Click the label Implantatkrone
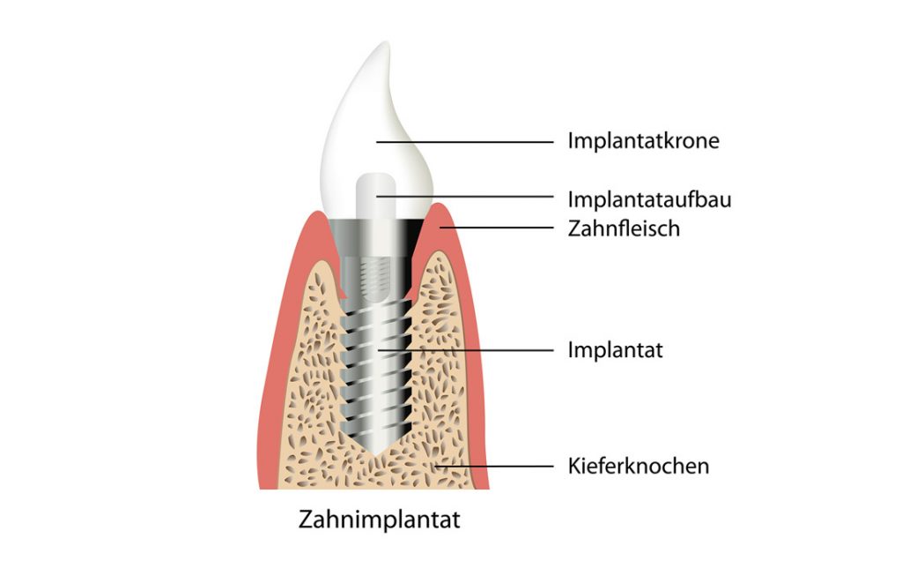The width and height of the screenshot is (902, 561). coord(643,141)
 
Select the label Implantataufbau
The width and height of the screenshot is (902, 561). coord(649,199)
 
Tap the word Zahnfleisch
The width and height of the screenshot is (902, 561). coord(624,228)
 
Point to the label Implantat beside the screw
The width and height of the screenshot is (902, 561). coord(615,350)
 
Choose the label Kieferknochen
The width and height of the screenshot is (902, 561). coord(639,466)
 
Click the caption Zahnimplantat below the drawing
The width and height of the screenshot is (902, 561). coord(379,520)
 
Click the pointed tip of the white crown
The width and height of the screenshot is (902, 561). coord(387,42)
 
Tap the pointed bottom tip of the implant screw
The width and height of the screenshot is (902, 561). coord(376,455)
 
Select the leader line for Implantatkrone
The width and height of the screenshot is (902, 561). coord(465,142)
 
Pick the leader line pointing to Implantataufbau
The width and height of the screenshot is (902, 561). coord(465,197)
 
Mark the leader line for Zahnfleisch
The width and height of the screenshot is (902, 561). coord(497,228)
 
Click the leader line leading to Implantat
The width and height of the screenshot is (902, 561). coord(465,349)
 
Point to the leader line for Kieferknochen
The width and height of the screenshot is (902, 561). coord(494,466)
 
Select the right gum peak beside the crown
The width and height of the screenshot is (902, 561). coord(439,206)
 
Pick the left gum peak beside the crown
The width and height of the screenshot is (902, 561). coord(316,214)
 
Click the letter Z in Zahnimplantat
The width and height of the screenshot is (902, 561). coord(306,520)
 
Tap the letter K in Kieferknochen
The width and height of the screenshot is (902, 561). coord(574,466)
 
